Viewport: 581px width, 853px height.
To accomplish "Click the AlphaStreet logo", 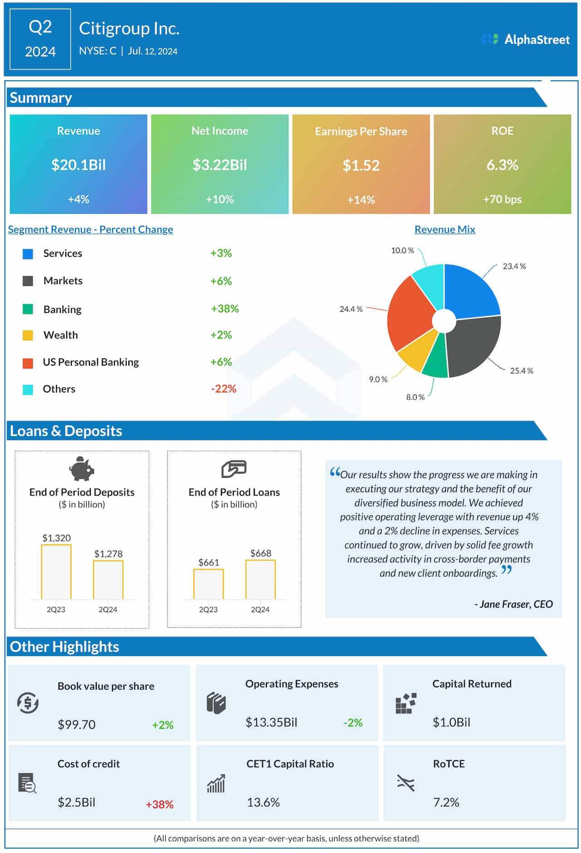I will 526,39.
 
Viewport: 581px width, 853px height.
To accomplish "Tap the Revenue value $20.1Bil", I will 79,165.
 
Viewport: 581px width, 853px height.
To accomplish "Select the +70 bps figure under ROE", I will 502,199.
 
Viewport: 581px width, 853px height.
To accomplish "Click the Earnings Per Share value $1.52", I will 361,165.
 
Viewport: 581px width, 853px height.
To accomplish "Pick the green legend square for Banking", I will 28,309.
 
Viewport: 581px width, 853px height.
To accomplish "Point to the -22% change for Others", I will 223,389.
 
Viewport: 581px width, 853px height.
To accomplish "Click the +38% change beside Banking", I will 225,309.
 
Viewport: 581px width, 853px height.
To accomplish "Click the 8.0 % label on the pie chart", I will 415,397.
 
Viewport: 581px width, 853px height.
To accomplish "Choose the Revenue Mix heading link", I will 445,230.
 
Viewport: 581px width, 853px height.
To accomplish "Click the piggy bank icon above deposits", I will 82,468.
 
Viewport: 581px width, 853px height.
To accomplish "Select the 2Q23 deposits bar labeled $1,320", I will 56,572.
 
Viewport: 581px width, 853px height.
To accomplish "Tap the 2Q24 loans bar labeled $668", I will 261,579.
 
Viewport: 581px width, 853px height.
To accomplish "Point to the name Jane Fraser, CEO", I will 513,604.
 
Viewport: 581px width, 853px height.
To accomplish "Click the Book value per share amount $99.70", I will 76,725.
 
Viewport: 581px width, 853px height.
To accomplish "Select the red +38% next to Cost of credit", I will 159,804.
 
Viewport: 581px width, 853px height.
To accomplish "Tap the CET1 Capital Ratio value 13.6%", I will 263,802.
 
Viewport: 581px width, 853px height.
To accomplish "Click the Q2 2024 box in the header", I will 40,39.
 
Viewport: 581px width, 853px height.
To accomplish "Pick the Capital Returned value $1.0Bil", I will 451,722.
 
